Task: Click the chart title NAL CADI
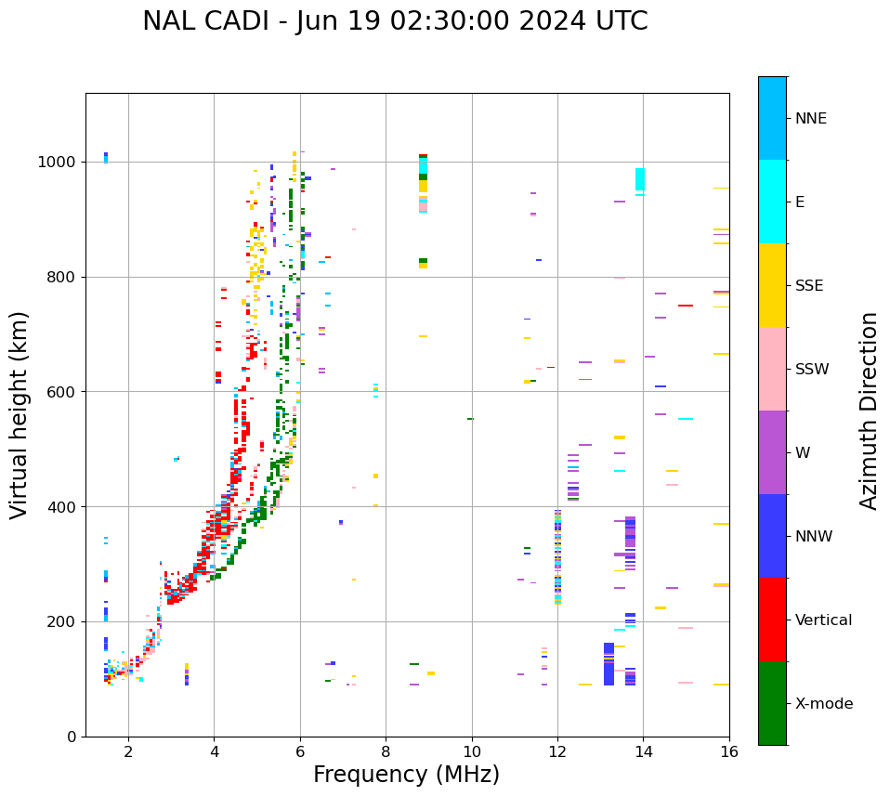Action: click(x=395, y=21)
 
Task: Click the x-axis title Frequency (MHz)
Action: click(x=406, y=775)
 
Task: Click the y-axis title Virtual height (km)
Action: click(x=20, y=415)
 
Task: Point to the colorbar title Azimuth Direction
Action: click(x=869, y=411)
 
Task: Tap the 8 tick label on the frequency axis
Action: click(x=386, y=751)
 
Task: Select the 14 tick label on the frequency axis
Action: click(x=643, y=751)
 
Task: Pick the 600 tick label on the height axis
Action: click(x=64, y=392)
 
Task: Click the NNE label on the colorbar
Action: click(x=810, y=119)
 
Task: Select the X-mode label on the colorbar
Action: click(x=823, y=704)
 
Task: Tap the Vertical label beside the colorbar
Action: click(x=823, y=620)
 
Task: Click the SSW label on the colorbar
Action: click(x=811, y=370)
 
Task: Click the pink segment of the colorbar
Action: click(x=772, y=369)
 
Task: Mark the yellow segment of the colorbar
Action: click(x=772, y=285)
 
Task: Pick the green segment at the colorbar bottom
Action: click(x=772, y=703)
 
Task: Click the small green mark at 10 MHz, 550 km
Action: click(x=470, y=419)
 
